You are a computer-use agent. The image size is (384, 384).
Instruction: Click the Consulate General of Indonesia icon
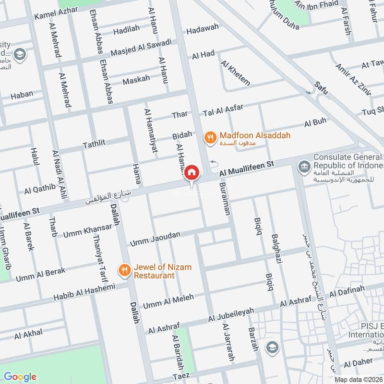[x=303, y=167]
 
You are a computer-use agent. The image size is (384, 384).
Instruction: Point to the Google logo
[x=20, y=376]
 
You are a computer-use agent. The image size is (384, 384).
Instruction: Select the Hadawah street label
[x=202, y=29]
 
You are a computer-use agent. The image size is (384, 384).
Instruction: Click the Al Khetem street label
[x=235, y=73]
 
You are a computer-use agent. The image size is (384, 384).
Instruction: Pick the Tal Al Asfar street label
[x=223, y=110]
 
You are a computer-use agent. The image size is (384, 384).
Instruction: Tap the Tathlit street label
[x=94, y=143]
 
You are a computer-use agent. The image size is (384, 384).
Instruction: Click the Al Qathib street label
[x=40, y=189]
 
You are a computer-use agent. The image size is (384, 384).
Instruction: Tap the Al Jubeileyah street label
[x=231, y=315]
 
